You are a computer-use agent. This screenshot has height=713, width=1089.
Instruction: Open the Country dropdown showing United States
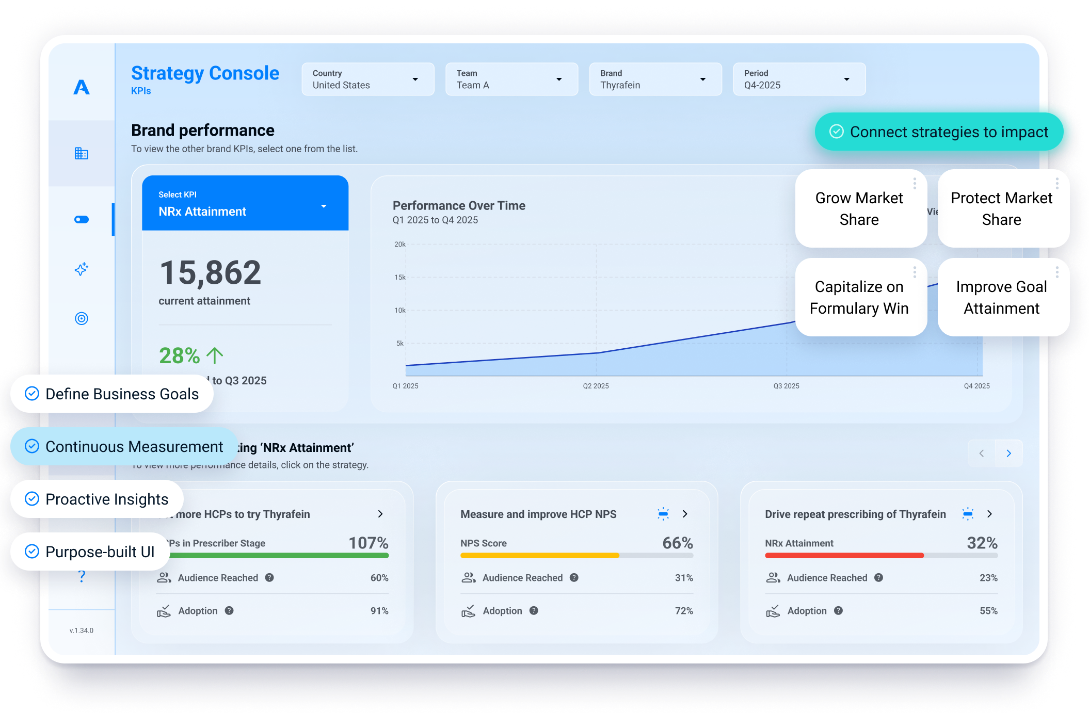click(367, 79)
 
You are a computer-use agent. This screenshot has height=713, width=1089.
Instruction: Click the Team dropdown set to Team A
click(511, 79)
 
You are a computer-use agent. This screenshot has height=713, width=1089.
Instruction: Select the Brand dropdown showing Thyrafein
click(655, 79)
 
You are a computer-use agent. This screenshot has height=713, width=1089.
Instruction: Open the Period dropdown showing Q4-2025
click(799, 79)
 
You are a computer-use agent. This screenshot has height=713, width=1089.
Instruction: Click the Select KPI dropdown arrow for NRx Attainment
click(324, 206)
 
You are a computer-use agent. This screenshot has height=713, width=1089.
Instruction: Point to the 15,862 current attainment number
click(210, 273)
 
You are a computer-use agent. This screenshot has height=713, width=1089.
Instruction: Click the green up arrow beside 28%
click(215, 355)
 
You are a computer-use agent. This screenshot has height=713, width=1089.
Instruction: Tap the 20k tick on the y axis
click(399, 245)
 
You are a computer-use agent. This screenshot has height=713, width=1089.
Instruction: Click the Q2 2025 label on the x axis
click(596, 386)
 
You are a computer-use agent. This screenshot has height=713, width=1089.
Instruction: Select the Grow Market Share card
click(859, 209)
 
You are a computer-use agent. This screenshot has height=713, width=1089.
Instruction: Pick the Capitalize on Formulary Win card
click(859, 298)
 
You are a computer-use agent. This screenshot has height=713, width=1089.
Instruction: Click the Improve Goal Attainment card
click(1001, 298)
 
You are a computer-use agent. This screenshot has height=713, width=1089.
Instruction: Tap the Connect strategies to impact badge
click(939, 132)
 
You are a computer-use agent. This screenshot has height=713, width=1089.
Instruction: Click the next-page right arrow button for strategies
click(1008, 453)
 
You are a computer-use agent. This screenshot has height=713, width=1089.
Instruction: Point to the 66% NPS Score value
click(677, 543)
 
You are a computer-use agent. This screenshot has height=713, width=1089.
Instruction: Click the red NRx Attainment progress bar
click(844, 556)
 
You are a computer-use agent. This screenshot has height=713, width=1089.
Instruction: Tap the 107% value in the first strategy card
click(368, 543)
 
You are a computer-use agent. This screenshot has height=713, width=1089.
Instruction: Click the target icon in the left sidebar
click(82, 318)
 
